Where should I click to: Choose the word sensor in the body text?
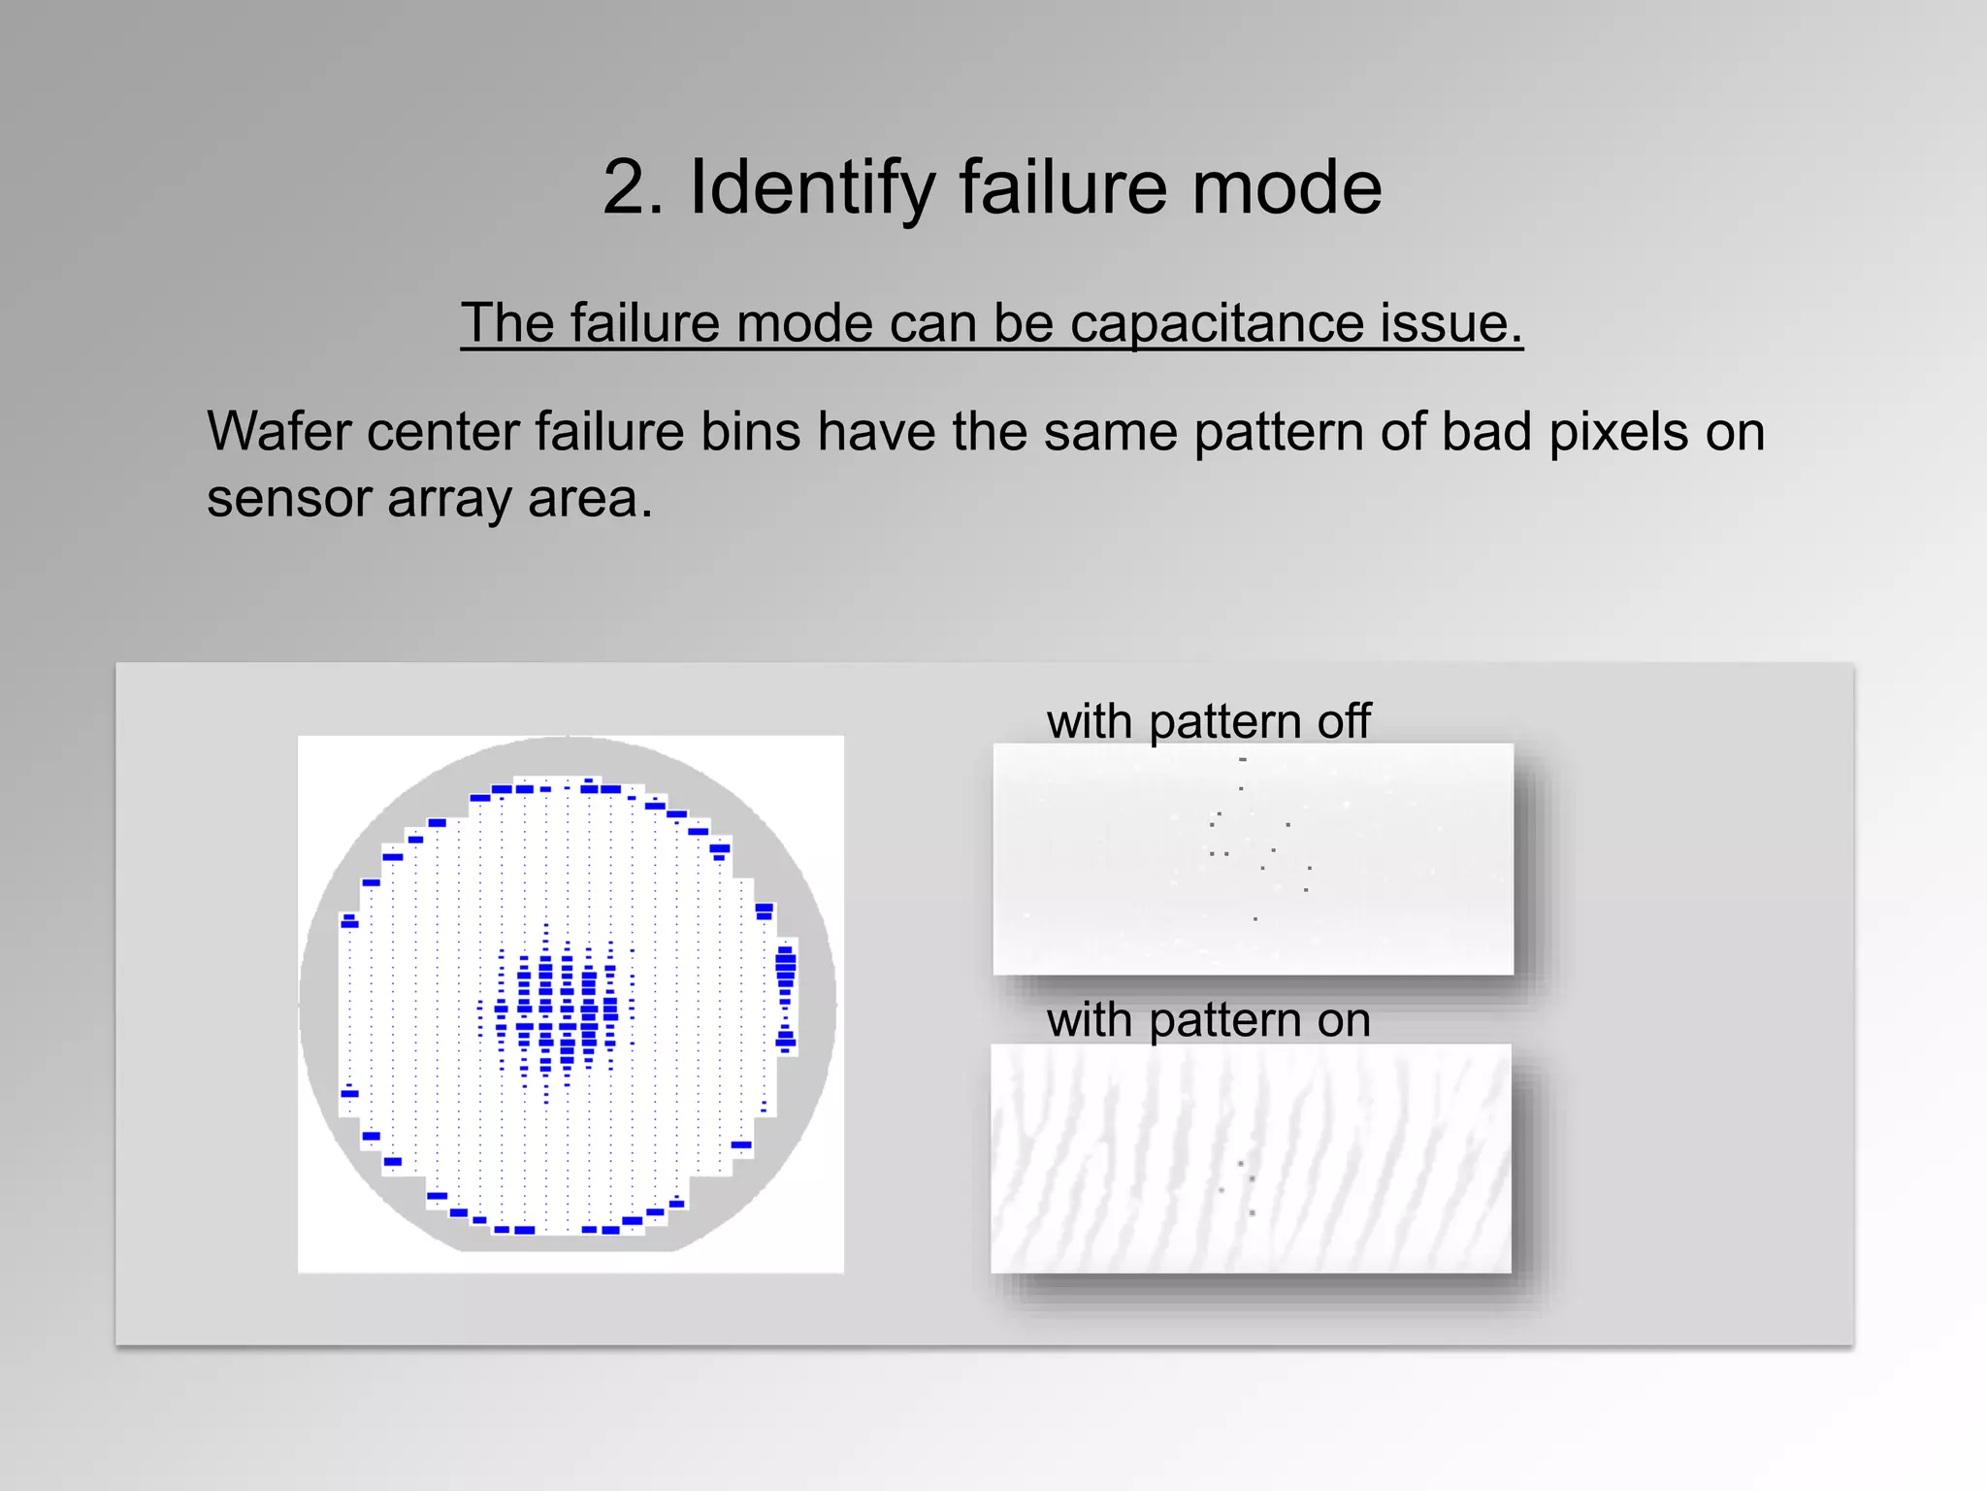pos(288,499)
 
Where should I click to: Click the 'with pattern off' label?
pos(1208,721)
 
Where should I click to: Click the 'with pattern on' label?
pos(1208,1020)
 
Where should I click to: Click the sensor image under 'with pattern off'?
pos(1253,859)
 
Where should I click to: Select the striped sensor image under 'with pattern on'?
pos(1251,1158)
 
